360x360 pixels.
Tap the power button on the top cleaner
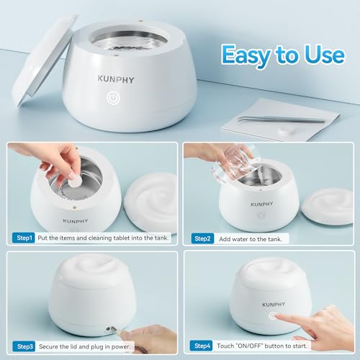point(113,96)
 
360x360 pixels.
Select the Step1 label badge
point(24,237)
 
